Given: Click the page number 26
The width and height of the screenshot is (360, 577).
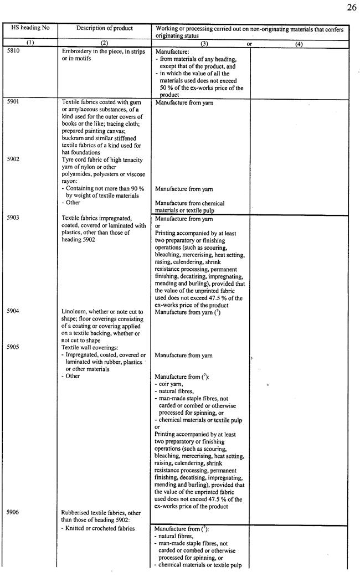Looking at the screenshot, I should pos(351,7).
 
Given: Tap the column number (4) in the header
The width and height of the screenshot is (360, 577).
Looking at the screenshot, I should pos(299,43).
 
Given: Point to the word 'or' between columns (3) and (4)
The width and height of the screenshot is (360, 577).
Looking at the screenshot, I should pos(249,43).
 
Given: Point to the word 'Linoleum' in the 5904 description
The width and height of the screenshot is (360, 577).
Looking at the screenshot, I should pos(74,311).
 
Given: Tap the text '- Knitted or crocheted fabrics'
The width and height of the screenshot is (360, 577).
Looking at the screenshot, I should pos(98,528).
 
